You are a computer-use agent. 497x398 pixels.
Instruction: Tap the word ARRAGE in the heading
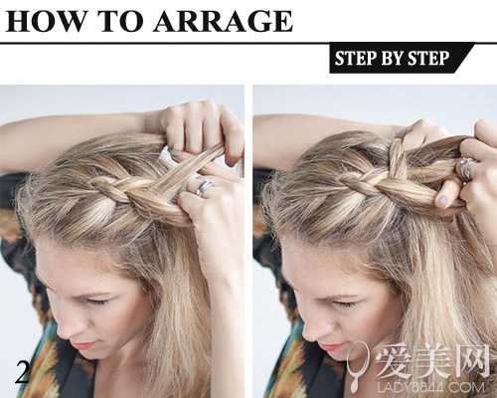coord(223,21)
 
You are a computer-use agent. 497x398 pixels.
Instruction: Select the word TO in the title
coord(118,21)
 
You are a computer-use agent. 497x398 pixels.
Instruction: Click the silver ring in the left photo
coord(203,187)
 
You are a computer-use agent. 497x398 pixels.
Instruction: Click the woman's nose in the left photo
coord(68,328)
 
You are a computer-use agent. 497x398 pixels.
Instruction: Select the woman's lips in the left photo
coord(83,345)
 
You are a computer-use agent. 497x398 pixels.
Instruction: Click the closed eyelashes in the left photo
coord(96,301)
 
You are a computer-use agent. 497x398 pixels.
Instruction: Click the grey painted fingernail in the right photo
coord(442,201)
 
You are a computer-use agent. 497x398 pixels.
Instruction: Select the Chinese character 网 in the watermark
coord(471,361)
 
